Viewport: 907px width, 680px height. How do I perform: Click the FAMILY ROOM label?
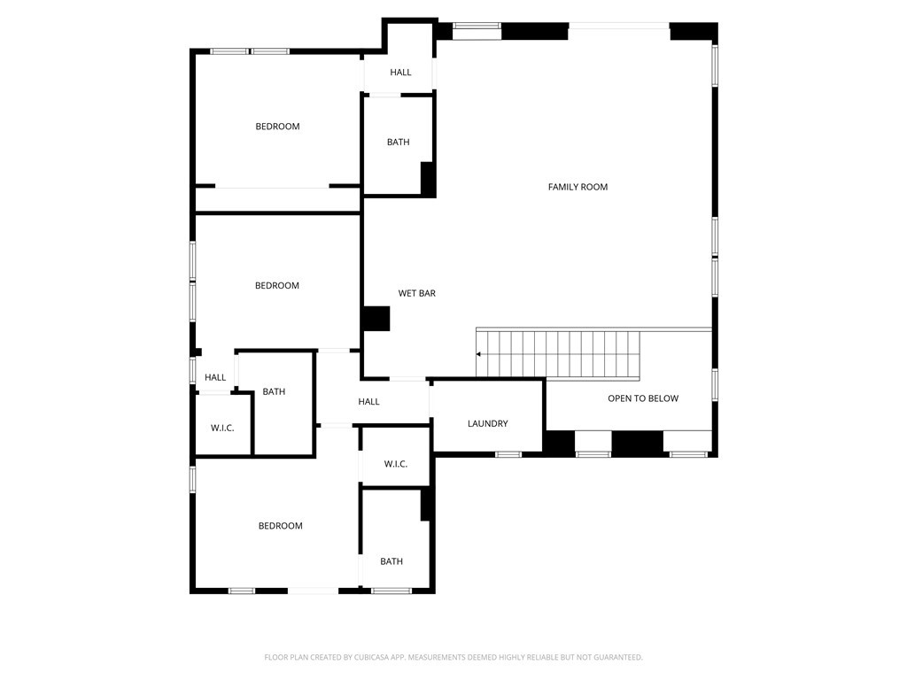coord(578,187)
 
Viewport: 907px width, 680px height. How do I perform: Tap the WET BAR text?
coord(416,293)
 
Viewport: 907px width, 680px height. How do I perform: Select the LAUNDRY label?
coord(487,424)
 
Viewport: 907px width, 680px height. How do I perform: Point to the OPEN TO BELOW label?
coord(643,398)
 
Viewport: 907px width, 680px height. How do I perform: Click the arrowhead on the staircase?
coord(479,354)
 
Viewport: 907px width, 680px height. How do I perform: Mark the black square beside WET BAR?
coord(376,319)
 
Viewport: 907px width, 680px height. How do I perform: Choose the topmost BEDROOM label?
coord(277,127)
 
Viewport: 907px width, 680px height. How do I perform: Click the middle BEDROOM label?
coord(277,286)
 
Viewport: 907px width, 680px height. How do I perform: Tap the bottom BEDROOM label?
coord(280,526)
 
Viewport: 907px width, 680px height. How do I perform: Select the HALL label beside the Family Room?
coord(400,73)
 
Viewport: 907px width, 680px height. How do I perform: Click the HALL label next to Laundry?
coord(368,402)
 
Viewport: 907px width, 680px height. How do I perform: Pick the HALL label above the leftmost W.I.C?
coord(215,377)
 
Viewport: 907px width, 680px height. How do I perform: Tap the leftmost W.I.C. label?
coord(222,429)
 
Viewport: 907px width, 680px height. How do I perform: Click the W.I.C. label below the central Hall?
coord(395,464)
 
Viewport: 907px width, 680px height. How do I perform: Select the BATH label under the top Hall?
coord(398,143)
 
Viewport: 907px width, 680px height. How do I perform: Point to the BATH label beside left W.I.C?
coord(274,391)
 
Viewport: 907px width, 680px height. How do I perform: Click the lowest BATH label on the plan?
coord(391,561)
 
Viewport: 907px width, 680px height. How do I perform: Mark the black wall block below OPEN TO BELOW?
coord(637,443)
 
